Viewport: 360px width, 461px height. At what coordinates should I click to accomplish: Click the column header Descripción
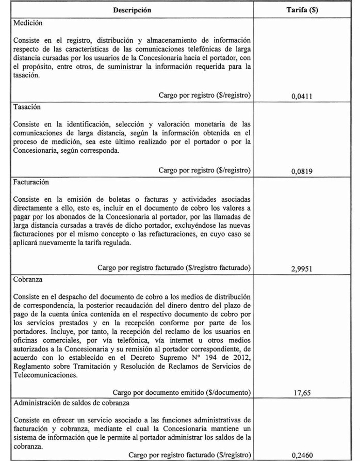tap(133, 10)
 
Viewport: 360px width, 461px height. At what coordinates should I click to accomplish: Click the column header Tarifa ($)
tap(302, 10)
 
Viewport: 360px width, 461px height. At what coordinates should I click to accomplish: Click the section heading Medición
tap(28, 23)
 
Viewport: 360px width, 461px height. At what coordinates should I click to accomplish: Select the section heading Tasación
tap(28, 107)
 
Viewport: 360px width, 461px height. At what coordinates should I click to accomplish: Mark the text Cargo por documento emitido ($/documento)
tap(182, 392)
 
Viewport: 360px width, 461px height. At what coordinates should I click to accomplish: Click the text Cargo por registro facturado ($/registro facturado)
tap(174, 268)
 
